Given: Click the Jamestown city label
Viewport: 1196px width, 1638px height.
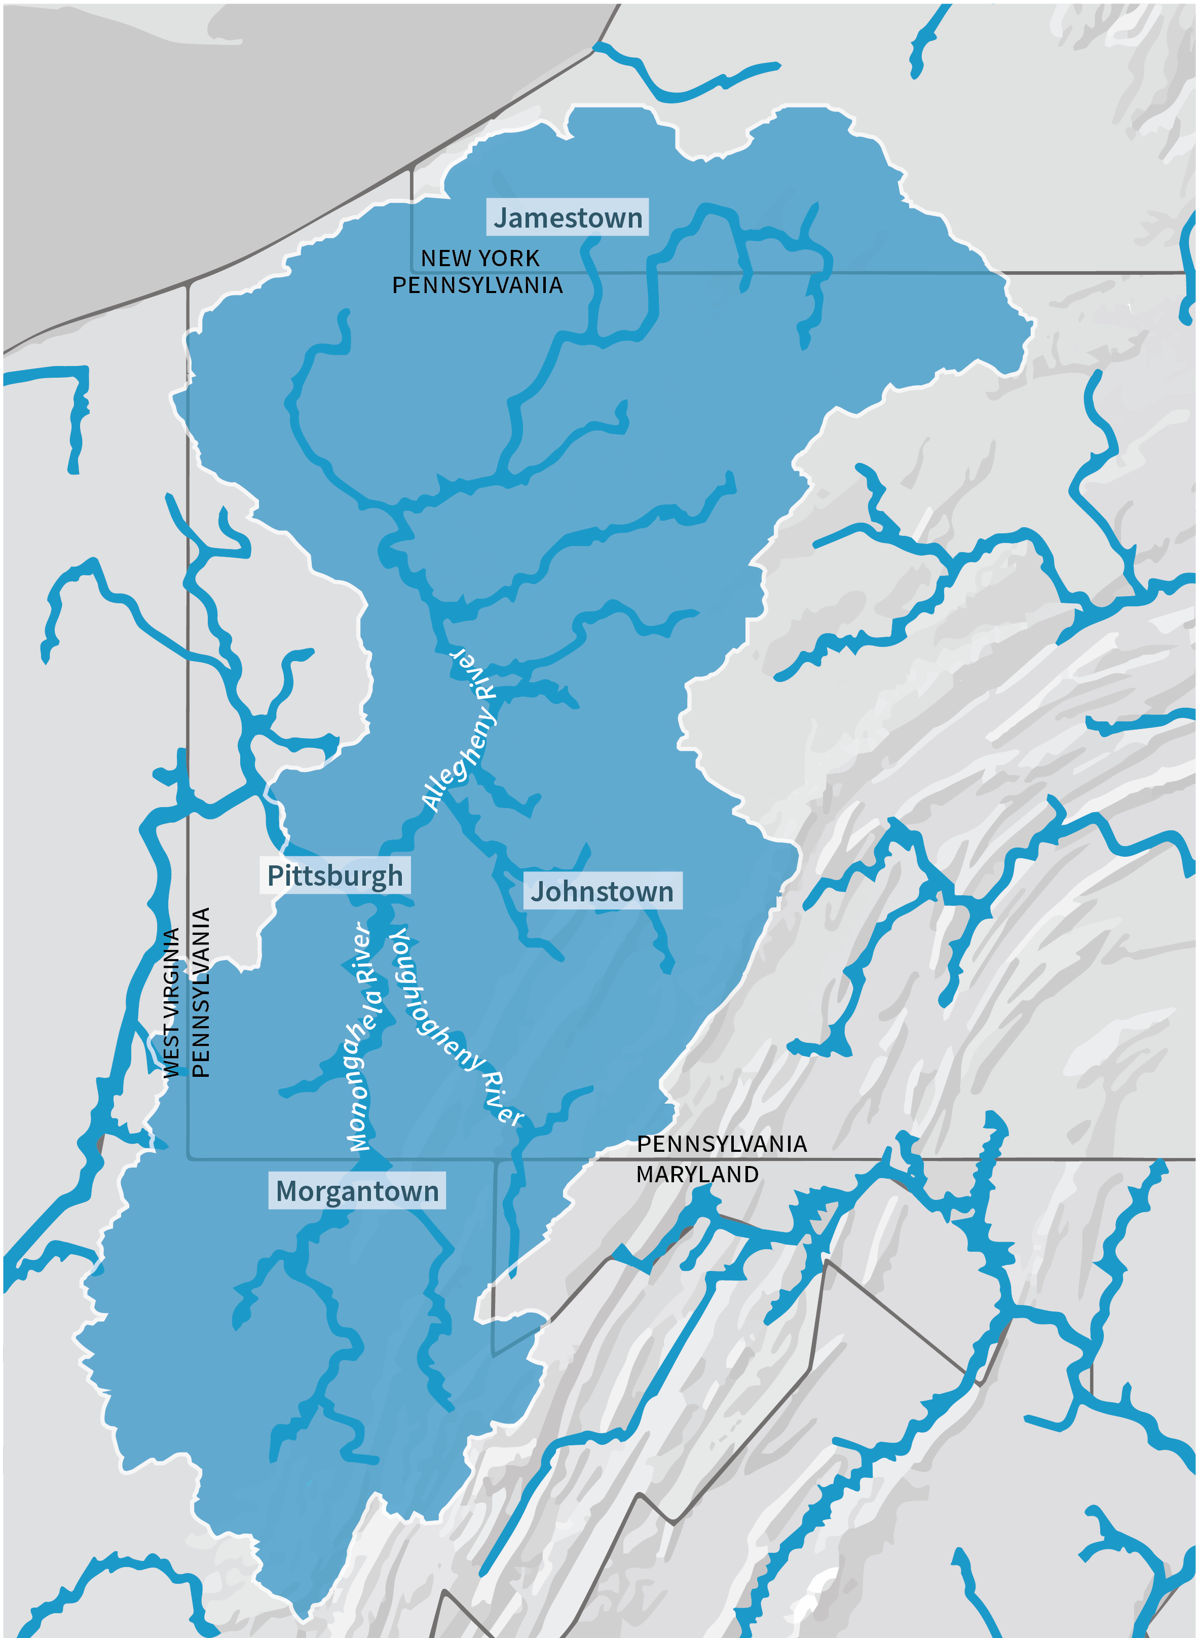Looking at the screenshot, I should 568,217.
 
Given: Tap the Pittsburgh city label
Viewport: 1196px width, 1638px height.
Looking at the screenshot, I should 334,876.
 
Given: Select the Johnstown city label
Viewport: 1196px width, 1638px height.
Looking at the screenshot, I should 602,891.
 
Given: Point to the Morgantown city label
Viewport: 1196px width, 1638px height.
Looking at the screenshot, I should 357,1191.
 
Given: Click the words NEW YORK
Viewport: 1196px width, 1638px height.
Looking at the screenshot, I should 480,258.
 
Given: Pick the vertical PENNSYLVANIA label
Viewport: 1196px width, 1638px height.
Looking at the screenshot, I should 201,992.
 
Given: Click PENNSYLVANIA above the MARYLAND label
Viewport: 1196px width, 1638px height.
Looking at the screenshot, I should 722,1144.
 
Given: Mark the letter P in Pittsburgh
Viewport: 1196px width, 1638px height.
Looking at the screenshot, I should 275,876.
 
